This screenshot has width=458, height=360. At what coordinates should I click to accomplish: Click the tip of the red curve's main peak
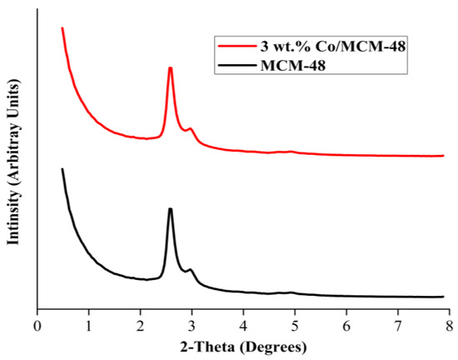coord(170,68)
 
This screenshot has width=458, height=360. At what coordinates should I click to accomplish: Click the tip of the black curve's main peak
coord(170,209)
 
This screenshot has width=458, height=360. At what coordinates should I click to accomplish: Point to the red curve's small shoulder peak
coord(191,129)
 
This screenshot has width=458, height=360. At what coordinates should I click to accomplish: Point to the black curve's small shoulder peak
coord(191,270)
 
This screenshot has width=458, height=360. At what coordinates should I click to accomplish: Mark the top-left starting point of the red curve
coord(62,28)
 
